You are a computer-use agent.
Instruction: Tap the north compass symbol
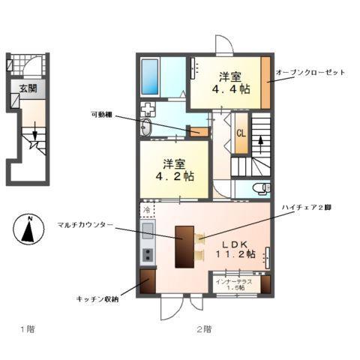pos(28,229)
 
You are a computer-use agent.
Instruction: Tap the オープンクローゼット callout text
pos(310,72)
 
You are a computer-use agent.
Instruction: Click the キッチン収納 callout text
pos(95,298)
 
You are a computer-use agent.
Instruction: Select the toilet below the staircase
pos(258,187)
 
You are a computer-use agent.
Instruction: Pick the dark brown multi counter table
pos(184,245)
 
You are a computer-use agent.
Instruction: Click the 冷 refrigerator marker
pos(147,211)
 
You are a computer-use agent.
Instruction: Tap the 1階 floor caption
pos(27,328)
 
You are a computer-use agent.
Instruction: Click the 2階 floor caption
pos(203,328)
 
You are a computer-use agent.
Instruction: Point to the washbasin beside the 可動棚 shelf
pos(147,127)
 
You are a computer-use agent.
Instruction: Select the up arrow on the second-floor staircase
pos(260,141)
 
